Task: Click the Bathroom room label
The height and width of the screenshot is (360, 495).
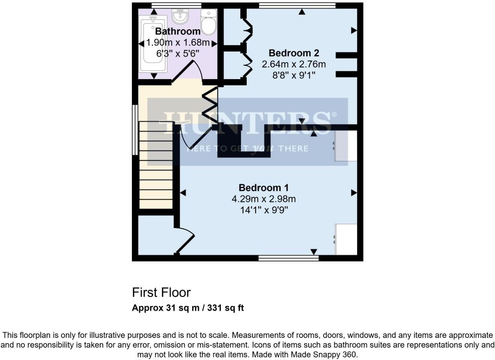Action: (x=177, y=31)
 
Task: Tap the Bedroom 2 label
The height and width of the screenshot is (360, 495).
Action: (x=294, y=53)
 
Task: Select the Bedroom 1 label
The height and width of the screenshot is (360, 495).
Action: (x=264, y=187)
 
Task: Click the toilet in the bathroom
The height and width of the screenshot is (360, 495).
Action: (x=208, y=22)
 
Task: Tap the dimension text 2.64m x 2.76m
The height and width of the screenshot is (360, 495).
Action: (x=294, y=64)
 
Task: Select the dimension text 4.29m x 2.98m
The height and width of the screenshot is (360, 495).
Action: (x=264, y=199)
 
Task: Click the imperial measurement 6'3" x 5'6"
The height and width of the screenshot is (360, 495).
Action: (x=177, y=54)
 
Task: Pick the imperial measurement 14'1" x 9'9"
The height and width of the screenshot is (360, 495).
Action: (x=264, y=210)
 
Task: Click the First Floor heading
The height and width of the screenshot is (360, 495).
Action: (x=161, y=292)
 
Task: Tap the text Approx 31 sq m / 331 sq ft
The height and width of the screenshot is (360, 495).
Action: (x=188, y=308)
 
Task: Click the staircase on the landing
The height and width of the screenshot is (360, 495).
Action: (x=156, y=165)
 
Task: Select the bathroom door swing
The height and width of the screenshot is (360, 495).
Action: (x=189, y=71)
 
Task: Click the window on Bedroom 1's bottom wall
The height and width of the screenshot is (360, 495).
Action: (x=288, y=258)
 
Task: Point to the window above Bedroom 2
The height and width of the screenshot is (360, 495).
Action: (x=297, y=5)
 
